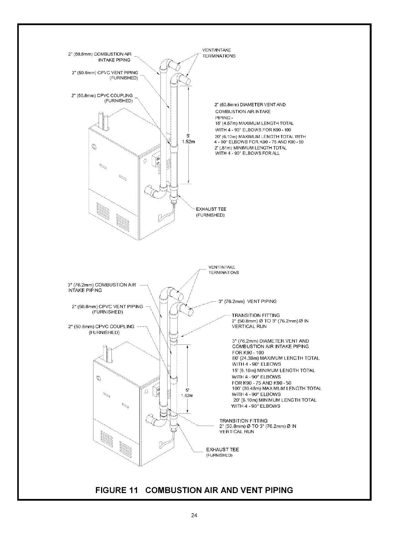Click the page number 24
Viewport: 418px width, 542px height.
(194, 515)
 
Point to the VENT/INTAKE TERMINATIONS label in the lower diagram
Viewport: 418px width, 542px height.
(223, 270)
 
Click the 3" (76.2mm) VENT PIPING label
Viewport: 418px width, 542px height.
(248, 301)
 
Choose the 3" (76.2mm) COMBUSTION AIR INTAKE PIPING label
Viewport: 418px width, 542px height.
(102, 288)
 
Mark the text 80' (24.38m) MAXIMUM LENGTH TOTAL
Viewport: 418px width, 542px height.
(276, 358)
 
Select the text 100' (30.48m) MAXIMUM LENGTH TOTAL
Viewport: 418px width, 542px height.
(277, 388)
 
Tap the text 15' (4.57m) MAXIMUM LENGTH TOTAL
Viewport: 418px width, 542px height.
(254, 123)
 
